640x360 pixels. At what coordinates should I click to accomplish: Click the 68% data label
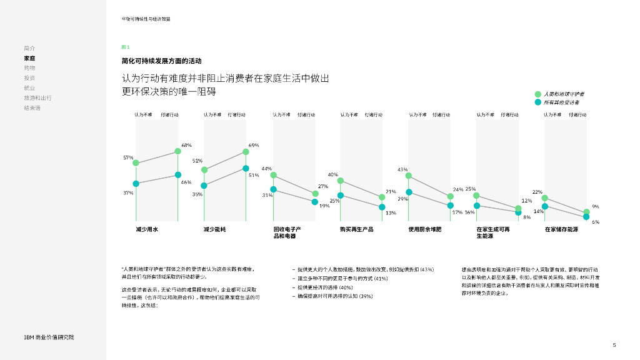point(186,145)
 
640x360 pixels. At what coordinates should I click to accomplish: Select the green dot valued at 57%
point(136,163)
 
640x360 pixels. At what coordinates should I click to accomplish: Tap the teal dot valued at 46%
point(178,175)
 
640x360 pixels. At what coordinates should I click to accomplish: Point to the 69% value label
point(254,145)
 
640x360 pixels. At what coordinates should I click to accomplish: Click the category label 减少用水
point(147,230)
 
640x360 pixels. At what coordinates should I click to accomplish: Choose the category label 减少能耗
point(214,230)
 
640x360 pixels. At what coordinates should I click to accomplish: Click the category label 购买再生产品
point(356,230)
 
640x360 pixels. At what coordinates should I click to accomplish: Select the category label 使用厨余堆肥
point(425,230)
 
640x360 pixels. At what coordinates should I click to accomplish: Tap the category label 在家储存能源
point(561,230)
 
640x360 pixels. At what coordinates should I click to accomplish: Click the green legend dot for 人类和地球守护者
point(537,94)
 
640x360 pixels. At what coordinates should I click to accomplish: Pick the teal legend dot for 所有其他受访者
point(537,102)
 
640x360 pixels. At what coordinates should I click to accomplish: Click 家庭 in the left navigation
point(29,58)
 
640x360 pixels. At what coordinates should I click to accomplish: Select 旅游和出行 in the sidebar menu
point(37,98)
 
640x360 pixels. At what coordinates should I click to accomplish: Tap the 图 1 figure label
point(126,47)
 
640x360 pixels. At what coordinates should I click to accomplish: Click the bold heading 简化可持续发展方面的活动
point(161,61)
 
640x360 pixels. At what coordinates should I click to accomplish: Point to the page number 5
point(614,345)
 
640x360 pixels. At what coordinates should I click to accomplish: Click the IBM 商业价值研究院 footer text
point(49,337)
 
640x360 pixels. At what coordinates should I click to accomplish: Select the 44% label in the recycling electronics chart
point(267,169)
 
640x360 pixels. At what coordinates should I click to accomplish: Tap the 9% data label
point(596,207)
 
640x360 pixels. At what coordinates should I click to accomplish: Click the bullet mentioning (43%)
point(365,269)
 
